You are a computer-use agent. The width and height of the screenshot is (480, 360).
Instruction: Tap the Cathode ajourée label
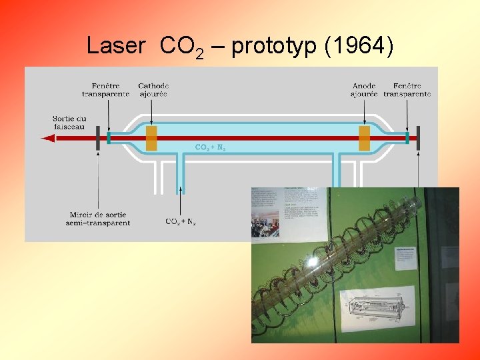pos(153,90)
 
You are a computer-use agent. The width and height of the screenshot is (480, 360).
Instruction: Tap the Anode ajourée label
pos(364,90)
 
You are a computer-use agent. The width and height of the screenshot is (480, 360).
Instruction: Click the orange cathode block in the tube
pos(151,138)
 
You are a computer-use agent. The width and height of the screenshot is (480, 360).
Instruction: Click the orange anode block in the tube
pos(364,138)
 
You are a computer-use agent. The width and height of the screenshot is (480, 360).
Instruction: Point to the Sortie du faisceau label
pos(69,123)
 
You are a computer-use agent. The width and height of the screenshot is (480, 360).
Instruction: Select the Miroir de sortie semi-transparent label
pos(99,219)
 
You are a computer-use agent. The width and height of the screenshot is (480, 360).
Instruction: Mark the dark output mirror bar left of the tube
pos(98,138)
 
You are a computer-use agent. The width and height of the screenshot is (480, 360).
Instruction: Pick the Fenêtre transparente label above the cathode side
pos(105,90)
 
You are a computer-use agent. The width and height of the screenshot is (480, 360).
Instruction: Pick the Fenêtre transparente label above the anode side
pos(407,90)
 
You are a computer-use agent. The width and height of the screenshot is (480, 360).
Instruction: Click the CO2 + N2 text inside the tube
pos(210,147)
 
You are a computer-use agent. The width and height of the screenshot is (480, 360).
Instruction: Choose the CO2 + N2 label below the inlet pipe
pos(181,221)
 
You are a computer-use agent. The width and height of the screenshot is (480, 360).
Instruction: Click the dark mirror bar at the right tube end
pos(418,138)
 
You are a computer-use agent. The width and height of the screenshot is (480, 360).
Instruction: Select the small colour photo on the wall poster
pos(265,223)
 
